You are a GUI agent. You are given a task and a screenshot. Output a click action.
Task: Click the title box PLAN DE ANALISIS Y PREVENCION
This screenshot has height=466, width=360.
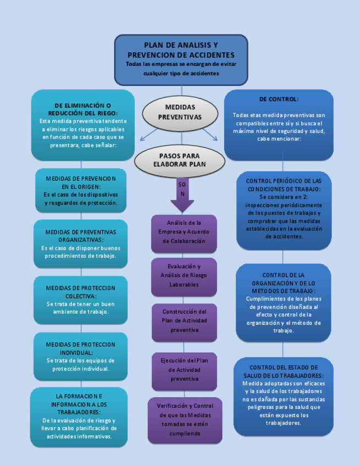[x=181, y=59]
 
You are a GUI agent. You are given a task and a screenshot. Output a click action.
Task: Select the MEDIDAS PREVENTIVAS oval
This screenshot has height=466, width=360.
[x=180, y=112]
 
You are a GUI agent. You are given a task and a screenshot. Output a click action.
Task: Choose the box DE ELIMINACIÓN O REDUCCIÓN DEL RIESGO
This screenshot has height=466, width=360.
[x=82, y=125]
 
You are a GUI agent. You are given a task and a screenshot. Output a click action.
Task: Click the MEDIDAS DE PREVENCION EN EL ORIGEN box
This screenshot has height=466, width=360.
[x=81, y=190]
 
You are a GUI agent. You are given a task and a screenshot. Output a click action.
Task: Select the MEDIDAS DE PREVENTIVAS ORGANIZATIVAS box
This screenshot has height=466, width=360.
[x=81, y=244]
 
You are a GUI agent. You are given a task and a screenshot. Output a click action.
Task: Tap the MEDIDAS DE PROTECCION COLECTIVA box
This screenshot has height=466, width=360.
[x=81, y=299]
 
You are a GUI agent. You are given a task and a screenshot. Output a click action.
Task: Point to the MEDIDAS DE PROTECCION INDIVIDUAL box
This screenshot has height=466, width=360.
[x=81, y=357]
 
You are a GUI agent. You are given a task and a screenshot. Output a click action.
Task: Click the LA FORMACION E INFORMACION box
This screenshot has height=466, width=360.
[x=79, y=416]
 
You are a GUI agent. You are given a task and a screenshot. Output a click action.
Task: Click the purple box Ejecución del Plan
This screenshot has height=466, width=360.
[x=184, y=370]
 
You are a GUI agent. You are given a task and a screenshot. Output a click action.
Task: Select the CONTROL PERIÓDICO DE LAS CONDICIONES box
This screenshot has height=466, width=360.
[x=284, y=209]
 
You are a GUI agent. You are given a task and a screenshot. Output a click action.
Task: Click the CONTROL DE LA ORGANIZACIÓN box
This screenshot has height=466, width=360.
[x=284, y=302]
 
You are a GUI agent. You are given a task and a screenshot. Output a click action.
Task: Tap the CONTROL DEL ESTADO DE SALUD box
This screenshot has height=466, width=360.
[x=284, y=395]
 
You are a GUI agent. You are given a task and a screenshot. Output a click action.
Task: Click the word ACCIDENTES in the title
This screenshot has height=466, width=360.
[x=213, y=55]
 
